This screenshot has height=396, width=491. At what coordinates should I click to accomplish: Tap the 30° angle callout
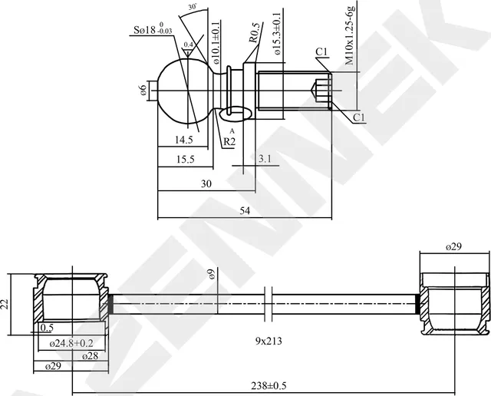(x=192, y=8)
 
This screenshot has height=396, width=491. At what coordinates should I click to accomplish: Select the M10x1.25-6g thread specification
(x=349, y=34)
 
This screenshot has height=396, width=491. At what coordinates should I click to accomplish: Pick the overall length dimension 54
(x=245, y=211)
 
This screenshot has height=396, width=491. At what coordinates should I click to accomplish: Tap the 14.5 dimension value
(x=183, y=140)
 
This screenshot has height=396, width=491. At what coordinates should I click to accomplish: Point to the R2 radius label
(x=229, y=141)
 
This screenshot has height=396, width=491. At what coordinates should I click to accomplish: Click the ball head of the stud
(x=184, y=91)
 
